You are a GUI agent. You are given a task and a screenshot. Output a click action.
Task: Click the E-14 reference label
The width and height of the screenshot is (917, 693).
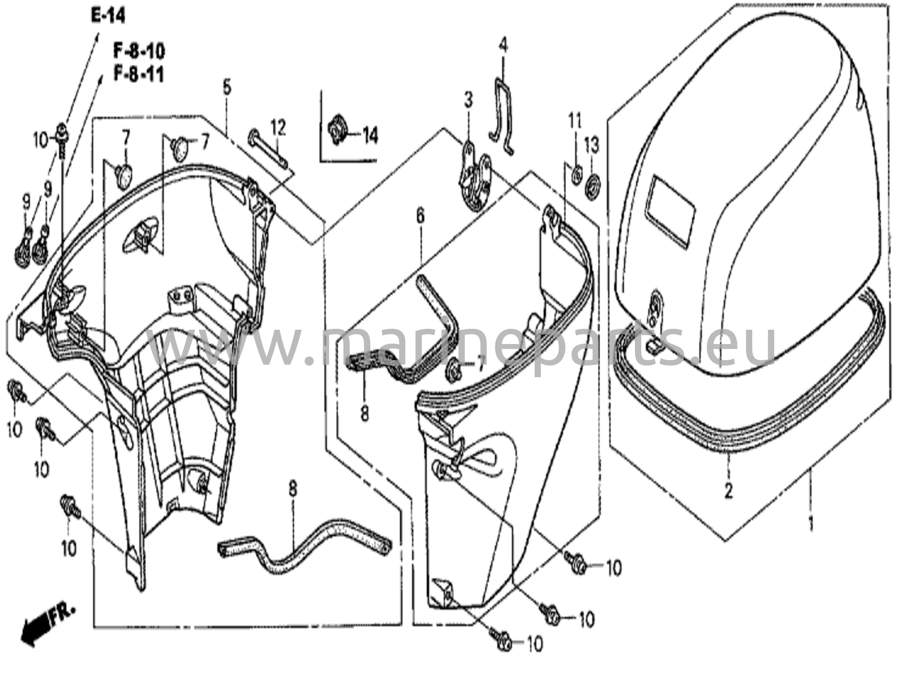point(108,16)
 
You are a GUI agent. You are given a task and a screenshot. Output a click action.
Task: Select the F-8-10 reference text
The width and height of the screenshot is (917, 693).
point(139,52)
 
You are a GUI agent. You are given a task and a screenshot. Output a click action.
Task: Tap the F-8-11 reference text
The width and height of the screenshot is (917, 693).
point(139,74)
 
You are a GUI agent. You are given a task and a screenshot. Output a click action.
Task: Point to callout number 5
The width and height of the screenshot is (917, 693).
point(227,87)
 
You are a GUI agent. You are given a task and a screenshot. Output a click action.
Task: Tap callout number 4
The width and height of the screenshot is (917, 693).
point(503,46)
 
